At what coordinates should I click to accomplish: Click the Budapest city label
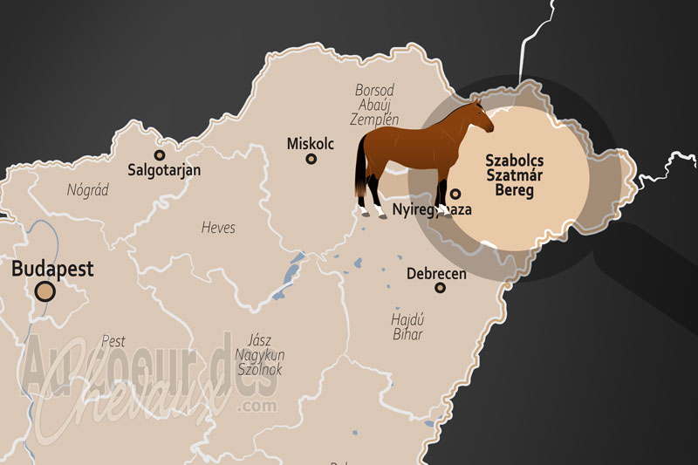52,269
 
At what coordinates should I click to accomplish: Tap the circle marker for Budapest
44,291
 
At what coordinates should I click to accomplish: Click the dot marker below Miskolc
311,159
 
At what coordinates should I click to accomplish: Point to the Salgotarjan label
164,170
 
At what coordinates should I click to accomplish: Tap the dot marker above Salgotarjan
159,155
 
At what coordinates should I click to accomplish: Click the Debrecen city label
436,274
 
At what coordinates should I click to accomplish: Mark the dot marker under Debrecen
440,288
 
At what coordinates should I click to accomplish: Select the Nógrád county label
88,189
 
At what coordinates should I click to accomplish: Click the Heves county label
218,228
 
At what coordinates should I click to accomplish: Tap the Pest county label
113,340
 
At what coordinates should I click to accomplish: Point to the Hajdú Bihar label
407,326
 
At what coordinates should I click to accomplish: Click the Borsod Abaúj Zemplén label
376,105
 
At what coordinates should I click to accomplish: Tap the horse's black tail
360,171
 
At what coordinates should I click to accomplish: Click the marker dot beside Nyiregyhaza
455,194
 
